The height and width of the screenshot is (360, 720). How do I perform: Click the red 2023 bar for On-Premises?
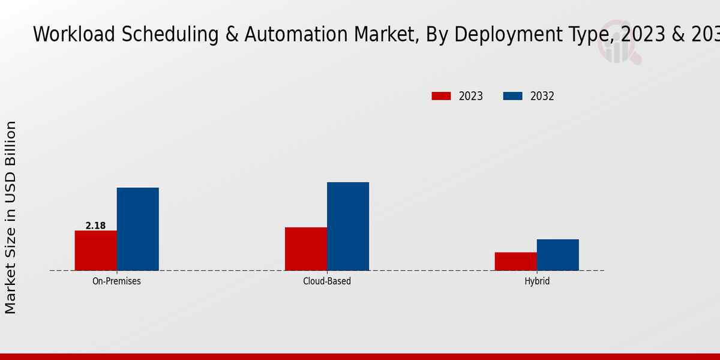[95, 250]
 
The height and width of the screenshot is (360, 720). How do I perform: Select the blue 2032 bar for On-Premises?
[137, 229]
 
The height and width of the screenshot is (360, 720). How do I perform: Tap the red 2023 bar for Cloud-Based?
[306, 248]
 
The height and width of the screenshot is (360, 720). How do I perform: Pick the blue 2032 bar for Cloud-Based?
[348, 226]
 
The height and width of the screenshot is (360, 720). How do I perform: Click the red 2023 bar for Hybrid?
[515, 261]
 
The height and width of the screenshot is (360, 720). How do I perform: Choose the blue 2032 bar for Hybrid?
[557, 254]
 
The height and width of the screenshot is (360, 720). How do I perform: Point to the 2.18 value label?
[95, 226]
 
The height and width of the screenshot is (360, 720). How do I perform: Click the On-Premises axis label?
[116, 281]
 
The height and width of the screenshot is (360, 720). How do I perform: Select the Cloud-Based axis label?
[327, 281]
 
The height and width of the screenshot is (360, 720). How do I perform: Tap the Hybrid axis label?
[537, 281]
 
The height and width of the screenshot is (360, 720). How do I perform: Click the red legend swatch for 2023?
[441, 96]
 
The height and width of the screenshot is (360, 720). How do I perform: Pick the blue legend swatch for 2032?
[512, 96]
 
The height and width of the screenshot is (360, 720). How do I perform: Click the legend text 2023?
[471, 96]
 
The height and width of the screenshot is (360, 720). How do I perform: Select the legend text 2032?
[542, 96]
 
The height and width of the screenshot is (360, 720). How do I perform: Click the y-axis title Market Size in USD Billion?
[11, 217]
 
